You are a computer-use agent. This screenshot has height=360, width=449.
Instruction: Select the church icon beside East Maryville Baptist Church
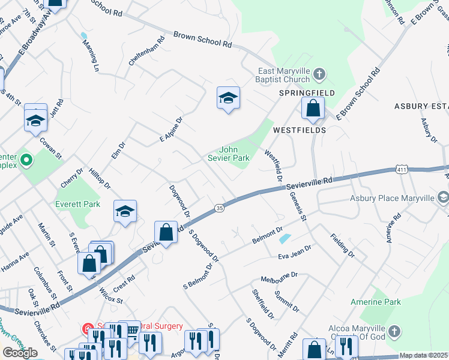click(319, 74)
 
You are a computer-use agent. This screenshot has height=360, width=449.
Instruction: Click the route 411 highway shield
click(402, 170)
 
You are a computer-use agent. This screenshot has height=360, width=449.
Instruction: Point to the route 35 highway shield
click(220, 208)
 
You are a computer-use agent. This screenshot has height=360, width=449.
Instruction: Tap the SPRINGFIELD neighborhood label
click(306, 94)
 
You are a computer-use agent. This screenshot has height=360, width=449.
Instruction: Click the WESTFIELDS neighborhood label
click(300, 130)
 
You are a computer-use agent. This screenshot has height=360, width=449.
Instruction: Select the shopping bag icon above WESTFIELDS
click(313, 109)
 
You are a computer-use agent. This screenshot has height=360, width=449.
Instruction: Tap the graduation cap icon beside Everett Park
click(125, 211)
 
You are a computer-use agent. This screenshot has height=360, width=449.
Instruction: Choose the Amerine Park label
click(381, 302)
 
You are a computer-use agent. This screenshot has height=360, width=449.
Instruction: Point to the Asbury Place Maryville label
click(393, 198)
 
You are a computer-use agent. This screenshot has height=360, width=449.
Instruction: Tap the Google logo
click(20, 353)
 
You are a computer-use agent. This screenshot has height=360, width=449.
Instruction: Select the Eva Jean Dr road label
click(294, 252)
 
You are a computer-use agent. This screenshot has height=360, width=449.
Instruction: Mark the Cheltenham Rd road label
click(146, 52)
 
